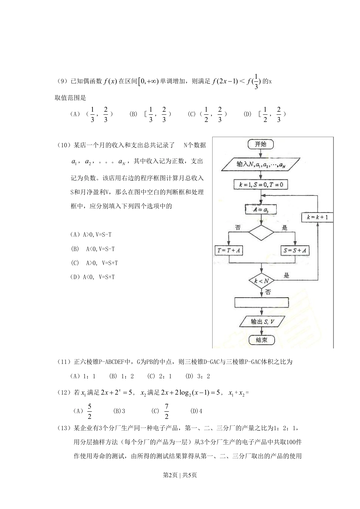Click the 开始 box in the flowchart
pyautogui.click(x=260, y=144)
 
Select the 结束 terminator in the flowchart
pyautogui.click(x=261, y=340)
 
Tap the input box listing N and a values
pyautogui.click(x=261, y=164)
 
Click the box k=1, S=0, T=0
pyautogui.click(x=261, y=185)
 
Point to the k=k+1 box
pyautogui.click(x=318, y=217)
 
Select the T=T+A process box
pyautogui.click(x=229, y=250)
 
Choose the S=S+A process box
pyautogui.click(x=295, y=250)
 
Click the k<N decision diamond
pyautogui.click(x=261, y=281)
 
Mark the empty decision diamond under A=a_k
pyautogui.click(x=261, y=232)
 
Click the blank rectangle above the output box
pyautogui.click(x=261, y=303)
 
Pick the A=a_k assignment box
pyautogui.click(x=260, y=209)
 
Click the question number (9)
pyautogui.click(x=62, y=81)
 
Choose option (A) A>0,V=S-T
pyautogui.click(x=91, y=234)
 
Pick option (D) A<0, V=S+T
pyautogui.click(x=92, y=277)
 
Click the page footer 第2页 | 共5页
pyautogui.click(x=180, y=475)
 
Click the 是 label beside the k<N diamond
pyautogui.click(x=286, y=275)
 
